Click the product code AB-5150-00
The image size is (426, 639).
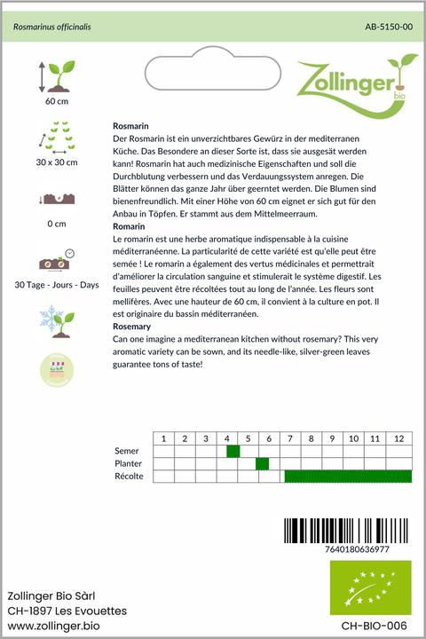(388, 28)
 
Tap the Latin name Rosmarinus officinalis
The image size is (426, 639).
(51, 28)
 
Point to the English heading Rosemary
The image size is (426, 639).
(134, 327)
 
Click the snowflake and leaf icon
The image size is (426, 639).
(56, 321)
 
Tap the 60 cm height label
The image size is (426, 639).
(56, 102)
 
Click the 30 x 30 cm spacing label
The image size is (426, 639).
(56, 162)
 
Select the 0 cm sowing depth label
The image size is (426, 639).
(56, 224)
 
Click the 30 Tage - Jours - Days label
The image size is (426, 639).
(56, 284)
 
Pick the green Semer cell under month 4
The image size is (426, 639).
(233, 451)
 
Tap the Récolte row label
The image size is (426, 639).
(130, 477)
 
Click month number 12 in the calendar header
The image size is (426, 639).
(399, 438)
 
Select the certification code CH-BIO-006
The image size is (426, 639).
(378, 626)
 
